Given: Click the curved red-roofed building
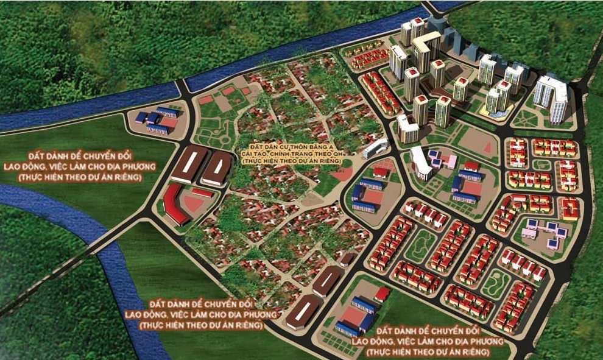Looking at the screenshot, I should tap(175, 203).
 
